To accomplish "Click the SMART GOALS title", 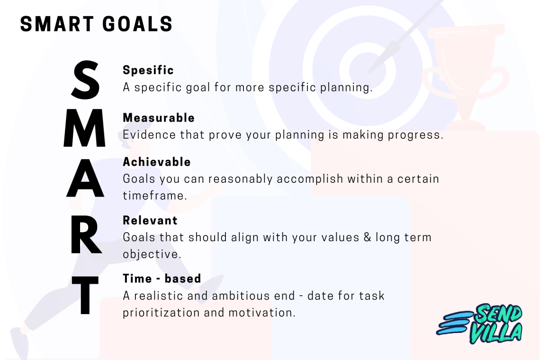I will [x=96, y=24].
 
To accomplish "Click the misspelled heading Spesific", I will [x=148, y=70].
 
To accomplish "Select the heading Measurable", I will [x=158, y=118].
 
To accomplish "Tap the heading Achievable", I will [x=157, y=162].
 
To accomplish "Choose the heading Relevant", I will [x=150, y=220].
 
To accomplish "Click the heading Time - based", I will [x=162, y=279].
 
